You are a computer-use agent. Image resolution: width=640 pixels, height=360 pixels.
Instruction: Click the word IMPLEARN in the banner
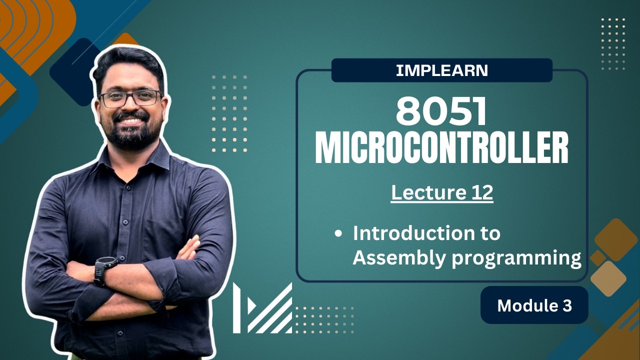[441, 70]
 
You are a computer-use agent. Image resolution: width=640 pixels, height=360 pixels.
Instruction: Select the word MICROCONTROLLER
[441, 148]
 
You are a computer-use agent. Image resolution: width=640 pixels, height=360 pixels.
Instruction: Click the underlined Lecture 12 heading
[442, 193]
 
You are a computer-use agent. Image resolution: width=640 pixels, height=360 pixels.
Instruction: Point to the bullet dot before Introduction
[339, 233]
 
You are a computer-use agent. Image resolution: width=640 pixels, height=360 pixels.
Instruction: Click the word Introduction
[426, 233]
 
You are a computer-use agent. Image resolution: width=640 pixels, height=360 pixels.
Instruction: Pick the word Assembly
[393, 258]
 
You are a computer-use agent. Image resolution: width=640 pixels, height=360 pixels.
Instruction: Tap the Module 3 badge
[534, 305]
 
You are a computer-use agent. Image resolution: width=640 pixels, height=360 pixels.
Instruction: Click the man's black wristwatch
[104, 270]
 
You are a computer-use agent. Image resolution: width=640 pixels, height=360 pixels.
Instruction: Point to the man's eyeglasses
[130, 98]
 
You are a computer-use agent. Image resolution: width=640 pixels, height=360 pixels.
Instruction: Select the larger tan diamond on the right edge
[608, 278]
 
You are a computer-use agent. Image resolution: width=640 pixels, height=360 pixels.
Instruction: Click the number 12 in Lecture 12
[480, 193]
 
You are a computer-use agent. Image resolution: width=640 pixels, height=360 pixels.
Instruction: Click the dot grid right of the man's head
[229, 113]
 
